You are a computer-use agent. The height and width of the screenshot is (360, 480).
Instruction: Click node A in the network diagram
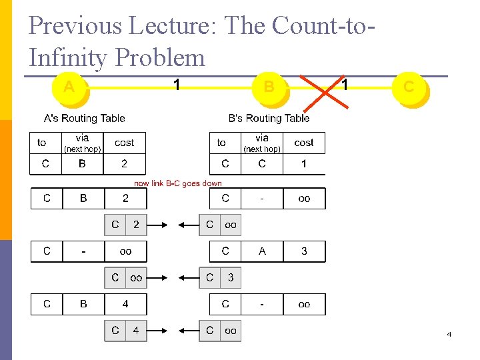(x=69, y=87)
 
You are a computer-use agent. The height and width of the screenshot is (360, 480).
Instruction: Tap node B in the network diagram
(x=269, y=87)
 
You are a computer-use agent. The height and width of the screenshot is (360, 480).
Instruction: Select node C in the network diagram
(x=409, y=87)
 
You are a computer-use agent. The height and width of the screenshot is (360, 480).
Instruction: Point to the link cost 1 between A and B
(x=176, y=85)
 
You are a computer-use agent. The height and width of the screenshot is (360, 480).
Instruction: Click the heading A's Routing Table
(x=84, y=119)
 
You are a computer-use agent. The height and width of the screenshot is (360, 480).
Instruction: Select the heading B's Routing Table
(x=269, y=119)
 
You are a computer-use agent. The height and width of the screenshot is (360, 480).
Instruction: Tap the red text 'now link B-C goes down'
(x=178, y=183)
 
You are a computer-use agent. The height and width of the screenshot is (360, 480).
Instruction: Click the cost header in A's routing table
(x=125, y=143)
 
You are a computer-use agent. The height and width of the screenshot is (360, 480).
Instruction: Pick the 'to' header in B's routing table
(x=221, y=143)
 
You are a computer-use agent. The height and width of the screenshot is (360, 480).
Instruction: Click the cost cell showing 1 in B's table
(x=304, y=164)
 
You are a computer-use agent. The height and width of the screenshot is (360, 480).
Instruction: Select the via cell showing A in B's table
(x=262, y=251)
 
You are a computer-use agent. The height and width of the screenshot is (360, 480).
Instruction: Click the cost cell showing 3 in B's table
(x=304, y=251)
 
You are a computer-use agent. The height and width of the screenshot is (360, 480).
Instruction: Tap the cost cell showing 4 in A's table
(x=125, y=304)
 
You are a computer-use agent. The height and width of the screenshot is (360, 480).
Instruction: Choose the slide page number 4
(x=449, y=334)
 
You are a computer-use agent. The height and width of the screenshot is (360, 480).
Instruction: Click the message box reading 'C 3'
(x=220, y=277)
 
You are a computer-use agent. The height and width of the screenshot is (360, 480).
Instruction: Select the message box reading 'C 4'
(x=125, y=330)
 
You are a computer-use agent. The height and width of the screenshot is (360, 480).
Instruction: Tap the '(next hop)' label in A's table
(x=82, y=149)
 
